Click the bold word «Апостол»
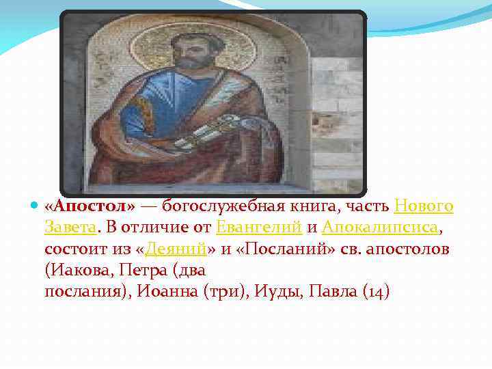coord(90,206)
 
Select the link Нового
coord(424,206)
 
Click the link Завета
coord(69,228)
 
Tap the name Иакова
coord(77,271)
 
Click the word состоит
coord(75,249)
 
